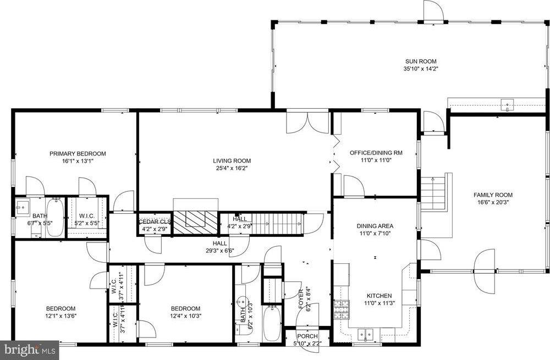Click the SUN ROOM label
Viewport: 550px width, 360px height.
pyautogui.click(x=421, y=62)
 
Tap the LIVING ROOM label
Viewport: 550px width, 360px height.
pyautogui.click(x=232, y=161)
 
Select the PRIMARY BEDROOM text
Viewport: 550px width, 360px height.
pyautogui.click(x=78, y=153)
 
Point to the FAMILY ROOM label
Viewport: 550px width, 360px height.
pyautogui.click(x=493, y=195)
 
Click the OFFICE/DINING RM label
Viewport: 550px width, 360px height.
pyautogui.click(x=376, y=153)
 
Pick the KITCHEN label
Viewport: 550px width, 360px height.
pyautogui.click(x=379, y=296)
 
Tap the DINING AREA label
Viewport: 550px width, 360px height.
pyautogui.click(x=375, y=226)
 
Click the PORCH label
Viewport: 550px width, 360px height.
pyautogui.click(x=307, y=336)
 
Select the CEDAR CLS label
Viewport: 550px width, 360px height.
pyautogui.click(x=155, y=222)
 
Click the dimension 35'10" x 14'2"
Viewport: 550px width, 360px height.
pyautogui.click(x=421, y=69)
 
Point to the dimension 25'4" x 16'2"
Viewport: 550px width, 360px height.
pyautogui.click(x=232, y=168)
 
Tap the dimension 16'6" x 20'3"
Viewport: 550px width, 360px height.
pyautogui.click(x=493, y=202)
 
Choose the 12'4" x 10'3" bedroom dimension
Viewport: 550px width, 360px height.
pyautogui.click(x=185, y=316)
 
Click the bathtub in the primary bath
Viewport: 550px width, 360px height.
pyautogui.click(x=54, y=217)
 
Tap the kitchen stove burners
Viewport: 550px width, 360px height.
pyautogui.click(x=342, y=309)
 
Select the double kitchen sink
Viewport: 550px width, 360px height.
pyautogui.click(x=366, y=335)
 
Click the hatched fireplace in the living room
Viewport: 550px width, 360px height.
pyautogui.click(x=196, y=222)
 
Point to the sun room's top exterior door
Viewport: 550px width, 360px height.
pyautogui.click(x=433, y=11)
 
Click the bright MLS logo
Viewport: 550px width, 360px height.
pyautogui.click(x=29, y=350)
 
